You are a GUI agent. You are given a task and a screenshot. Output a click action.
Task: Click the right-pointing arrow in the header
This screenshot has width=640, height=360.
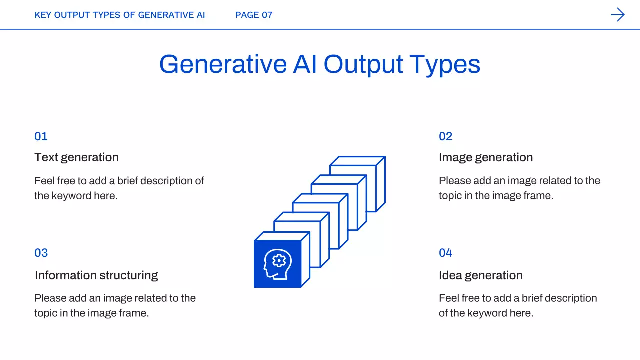617,15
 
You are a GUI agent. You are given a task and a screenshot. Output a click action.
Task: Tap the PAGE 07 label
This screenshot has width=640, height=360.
254,15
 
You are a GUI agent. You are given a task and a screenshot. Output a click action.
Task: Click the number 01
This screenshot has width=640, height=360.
41,136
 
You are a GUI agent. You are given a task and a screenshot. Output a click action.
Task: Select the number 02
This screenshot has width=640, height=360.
445,136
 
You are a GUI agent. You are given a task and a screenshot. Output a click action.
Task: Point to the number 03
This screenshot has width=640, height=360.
41,253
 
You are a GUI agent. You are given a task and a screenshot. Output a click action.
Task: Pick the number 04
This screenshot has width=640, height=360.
445,253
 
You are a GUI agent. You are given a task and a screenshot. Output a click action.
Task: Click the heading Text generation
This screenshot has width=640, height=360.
76,158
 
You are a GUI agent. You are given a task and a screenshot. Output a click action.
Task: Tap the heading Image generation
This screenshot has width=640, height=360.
486,158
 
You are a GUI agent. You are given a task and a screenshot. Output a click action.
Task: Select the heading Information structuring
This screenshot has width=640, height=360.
96,276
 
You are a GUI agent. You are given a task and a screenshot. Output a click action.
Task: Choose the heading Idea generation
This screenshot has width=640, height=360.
481,276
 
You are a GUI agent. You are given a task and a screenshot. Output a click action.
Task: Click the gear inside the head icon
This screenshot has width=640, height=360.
279,260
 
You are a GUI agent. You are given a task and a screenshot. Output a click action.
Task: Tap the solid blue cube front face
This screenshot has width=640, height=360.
277,264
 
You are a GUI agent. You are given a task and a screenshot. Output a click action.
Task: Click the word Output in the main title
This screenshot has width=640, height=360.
363,65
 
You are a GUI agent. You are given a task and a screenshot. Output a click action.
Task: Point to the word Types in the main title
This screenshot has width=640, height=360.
445,65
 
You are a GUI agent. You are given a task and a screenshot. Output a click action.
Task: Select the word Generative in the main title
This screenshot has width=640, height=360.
223,64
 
